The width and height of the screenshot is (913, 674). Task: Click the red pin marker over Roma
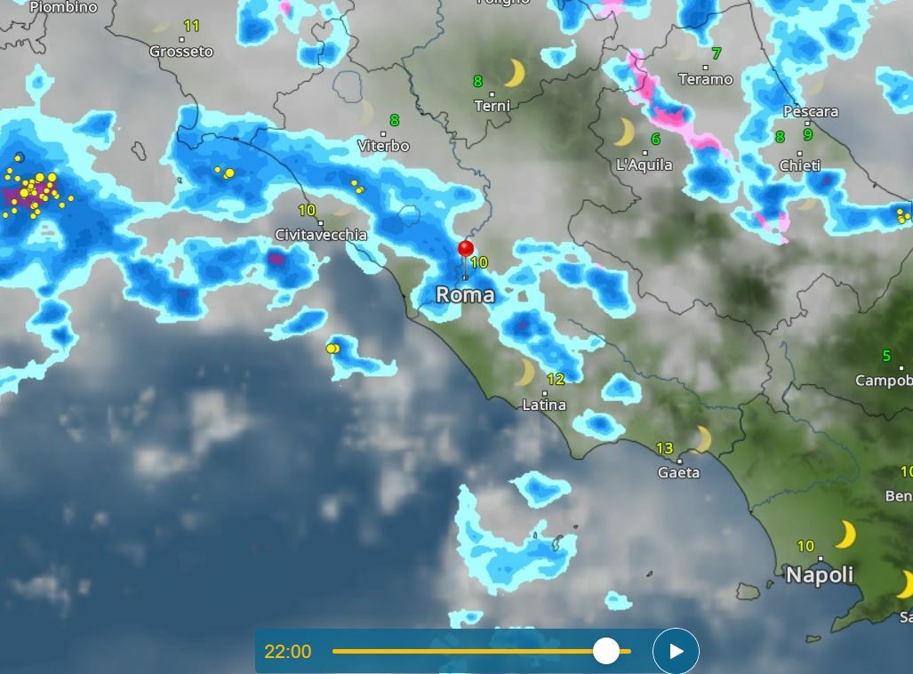(x=465, y=249)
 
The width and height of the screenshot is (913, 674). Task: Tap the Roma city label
(x=465, y=294)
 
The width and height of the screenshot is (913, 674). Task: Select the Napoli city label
(x=819, y=574)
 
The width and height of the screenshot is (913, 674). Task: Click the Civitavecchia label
(x=321, y=235)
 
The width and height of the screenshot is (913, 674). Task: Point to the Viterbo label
(x=383, y=145)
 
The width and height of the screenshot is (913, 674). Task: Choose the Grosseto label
(x=181, y=52)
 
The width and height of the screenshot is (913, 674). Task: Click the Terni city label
(x=492, y=106)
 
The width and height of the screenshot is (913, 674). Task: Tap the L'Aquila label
(x=645, y=164)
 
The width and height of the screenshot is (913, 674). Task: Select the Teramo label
(x=706, y=79)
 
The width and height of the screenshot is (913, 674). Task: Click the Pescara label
(x=810, y=111)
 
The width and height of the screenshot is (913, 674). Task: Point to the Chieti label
(x=799, y=165)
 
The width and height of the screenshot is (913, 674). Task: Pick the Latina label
(x=544, y=405)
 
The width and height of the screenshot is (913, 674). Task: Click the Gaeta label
(x=678, y=472)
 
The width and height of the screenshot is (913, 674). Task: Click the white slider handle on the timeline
(x=606, y=651)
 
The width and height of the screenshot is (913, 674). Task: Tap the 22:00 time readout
(x=288, y=652)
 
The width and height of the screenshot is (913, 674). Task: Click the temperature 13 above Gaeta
(x=664, y=448)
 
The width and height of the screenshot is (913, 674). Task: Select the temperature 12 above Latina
(x=556, y=380)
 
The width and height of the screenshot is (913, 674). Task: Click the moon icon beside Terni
(x=514, y=73)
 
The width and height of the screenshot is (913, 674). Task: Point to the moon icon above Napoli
(x=845, y=534)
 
